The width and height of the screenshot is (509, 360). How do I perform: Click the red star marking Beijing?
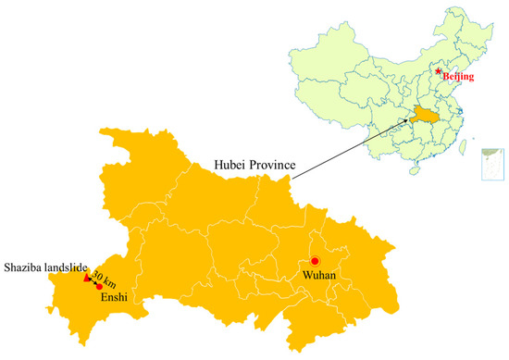tap(438, 70)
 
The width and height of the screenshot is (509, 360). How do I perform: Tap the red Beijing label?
tap(458, 78)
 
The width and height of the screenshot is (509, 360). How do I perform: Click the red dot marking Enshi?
tap(99, 287)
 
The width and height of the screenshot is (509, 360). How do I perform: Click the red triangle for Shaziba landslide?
tap(87, 278)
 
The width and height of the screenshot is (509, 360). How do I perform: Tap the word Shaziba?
tap(24, 269)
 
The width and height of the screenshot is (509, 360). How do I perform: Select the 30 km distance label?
tap(104, 276)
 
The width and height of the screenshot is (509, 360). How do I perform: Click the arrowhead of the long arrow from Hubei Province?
tap(410, 119)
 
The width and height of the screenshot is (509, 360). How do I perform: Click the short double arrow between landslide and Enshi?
tap(93, 282)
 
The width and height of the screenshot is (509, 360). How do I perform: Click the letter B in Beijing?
tap(446, 78)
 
